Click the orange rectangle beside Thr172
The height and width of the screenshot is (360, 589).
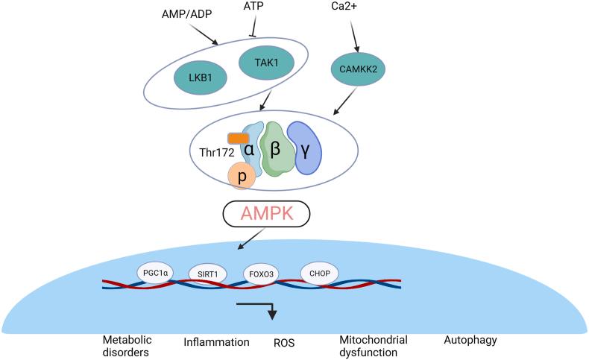click(x=239, y=138)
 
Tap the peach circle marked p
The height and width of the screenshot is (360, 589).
click(x=242, y=177)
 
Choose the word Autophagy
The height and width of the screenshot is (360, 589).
click(x=470, y=341)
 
